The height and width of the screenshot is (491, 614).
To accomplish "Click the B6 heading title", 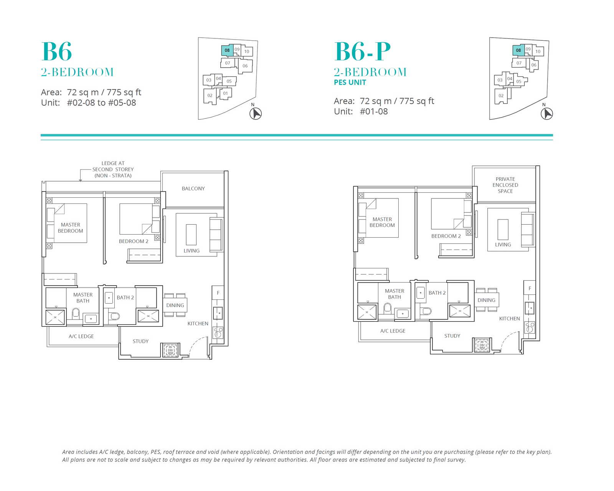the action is pos(56,51).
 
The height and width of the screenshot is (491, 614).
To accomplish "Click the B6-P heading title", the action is pos(362,51).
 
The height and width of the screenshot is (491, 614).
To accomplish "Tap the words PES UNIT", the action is pos(350,83).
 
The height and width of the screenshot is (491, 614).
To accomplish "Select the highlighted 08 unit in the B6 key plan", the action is pos(228,51).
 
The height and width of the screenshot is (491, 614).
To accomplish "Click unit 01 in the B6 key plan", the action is pos(225,93).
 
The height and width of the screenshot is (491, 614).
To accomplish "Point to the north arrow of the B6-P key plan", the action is pos(547,114).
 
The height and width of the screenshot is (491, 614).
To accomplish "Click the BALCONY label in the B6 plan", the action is pos(193,188).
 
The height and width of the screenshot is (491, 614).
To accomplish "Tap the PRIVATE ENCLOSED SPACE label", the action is pos(505,185).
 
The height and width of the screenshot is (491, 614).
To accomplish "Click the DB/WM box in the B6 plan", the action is pos(170,350).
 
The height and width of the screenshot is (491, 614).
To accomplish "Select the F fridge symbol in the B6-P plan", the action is pos(530,288).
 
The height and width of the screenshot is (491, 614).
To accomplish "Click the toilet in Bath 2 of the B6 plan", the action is pos(115,316).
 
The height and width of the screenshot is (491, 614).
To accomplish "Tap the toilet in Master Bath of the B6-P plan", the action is pos(388,308).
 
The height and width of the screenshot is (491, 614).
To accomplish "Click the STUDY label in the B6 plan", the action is pos(140,341).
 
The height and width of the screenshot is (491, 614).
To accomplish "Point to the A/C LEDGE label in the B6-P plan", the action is pos(393,331).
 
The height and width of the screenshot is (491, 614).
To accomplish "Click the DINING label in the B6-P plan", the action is pos(486,300).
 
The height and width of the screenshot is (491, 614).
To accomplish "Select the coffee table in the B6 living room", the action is pos(191,235).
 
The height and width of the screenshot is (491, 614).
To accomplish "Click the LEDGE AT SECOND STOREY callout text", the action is pos(113,169).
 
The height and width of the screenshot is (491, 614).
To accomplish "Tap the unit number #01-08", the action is pos(374,112).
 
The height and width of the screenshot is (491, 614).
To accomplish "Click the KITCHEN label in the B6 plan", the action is pos(198,324).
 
